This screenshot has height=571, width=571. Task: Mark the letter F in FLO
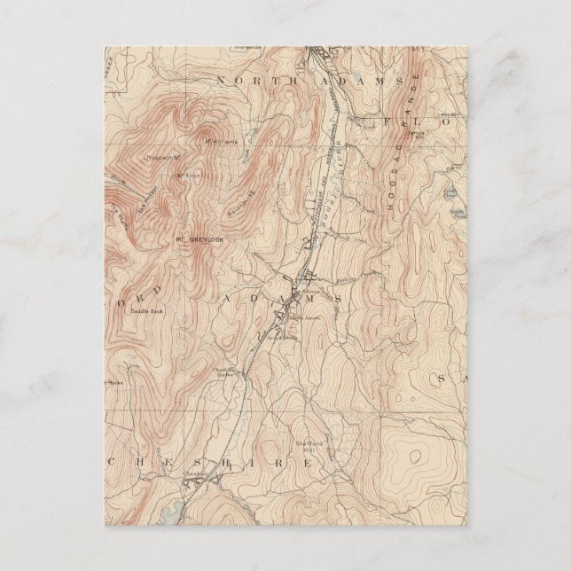coord(387,119)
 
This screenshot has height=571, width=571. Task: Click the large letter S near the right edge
coord(441,379)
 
